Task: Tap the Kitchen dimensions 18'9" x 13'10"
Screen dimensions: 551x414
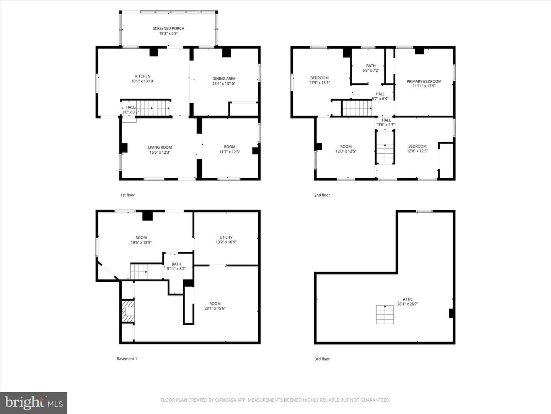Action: pyautogui.click(x=143, y=81)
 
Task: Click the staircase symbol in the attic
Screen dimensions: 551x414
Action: pyautogui.click(x=385, y=314)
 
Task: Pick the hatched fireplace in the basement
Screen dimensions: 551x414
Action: pyautogui.click(x=128, y=311)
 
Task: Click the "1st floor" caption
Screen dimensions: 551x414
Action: pyautogui.click(x=127, y=195)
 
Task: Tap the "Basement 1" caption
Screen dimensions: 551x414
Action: pyautogui.click(x=127, y=359)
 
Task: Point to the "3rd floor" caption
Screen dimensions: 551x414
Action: pyautogui.click(x=322, y=359)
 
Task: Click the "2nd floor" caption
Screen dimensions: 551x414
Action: pyautogui.click(x=322, y=195)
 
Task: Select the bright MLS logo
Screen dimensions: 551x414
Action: pyautogui.click(x=34, y=402)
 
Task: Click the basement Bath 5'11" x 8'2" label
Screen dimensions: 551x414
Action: pyautogui.click(x=176, y=266)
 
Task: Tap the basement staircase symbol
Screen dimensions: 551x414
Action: pyautogui.click(x=139, y=271)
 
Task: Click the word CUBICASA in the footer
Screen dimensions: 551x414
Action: pyautogui.click(x=226, y=400)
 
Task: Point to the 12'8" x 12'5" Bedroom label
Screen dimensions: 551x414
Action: pyautogui.click(x=417, y=149)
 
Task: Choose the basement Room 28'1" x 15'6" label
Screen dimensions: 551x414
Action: pyautogui.click(x=215, y=306)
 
